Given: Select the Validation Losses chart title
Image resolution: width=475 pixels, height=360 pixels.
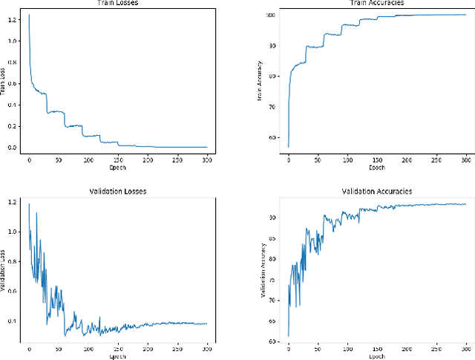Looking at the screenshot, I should point(117,192).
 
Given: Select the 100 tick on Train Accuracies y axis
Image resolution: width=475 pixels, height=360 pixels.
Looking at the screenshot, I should point(272,15).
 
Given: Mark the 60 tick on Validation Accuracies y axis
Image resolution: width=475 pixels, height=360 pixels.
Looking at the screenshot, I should point(273,341).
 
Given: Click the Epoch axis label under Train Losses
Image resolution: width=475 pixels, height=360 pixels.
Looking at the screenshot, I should point(117,167).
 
